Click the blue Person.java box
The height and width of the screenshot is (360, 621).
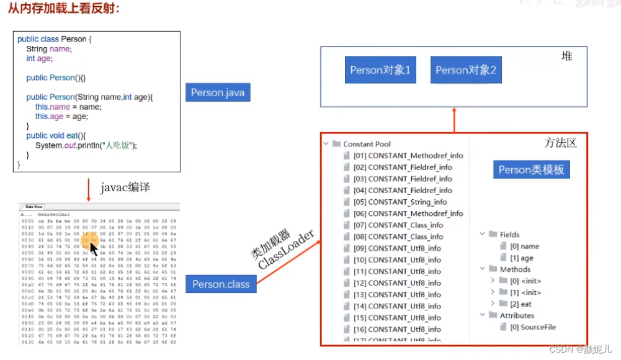(x=218, y=93)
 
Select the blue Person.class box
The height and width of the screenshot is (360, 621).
(x=221, y=284)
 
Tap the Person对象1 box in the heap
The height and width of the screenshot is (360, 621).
(x=380, y=71)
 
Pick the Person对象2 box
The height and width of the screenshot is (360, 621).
(x=466, y=71)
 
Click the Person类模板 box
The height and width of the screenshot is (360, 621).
(x=531, y=169)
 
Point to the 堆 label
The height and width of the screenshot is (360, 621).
(x=566, y=56)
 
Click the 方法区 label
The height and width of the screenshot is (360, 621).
(x=560, y=143)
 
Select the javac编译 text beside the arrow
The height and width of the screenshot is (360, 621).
(x=125, y=187)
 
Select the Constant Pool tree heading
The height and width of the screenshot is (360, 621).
(x=367, y=144)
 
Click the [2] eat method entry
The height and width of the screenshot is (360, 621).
(x=520, y=304)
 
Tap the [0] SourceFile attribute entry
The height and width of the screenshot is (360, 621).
(x=532, y=327)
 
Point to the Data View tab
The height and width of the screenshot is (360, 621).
(x=34, y=207)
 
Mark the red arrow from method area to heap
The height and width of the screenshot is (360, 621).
(x=454, y=120)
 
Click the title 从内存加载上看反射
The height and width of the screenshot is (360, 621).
(x=64, y=9)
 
